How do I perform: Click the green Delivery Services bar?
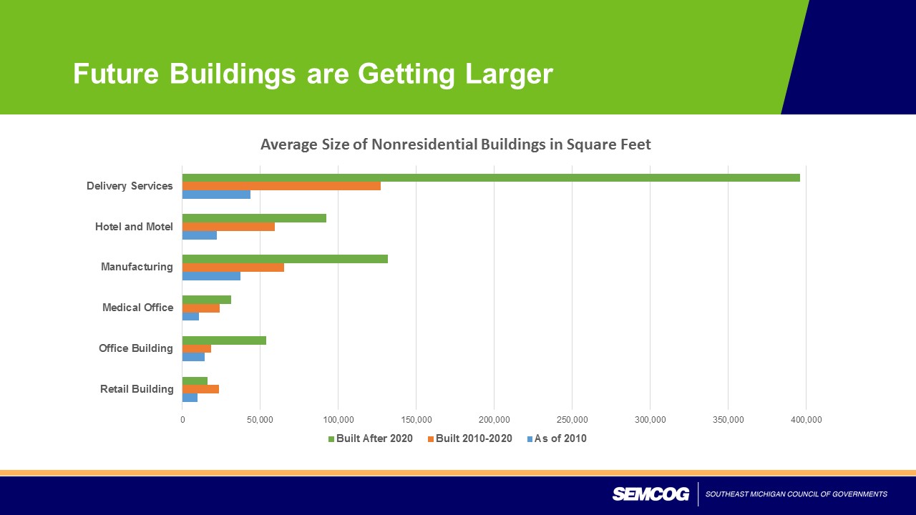[491, 177]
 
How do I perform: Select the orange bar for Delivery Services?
[281, 186]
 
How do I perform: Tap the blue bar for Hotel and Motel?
[200, 235]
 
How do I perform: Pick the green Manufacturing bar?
[285, 259]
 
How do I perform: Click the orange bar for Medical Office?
[201, 308]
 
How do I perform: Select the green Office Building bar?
[224, 340]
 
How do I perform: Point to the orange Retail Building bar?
[200, 389]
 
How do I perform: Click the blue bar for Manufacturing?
[211, 276]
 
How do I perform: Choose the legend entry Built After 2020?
[370, 438]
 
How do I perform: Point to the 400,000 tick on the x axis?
[806, 420]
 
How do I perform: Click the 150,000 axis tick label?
[416, 420]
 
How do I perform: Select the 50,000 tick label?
[260, 420]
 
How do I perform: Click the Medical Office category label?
[137, 308]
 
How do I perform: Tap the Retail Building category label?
[137, 389]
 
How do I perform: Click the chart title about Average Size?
[455, 144]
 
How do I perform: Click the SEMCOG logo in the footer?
[650, 494]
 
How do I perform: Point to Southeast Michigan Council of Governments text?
[796, 494]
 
